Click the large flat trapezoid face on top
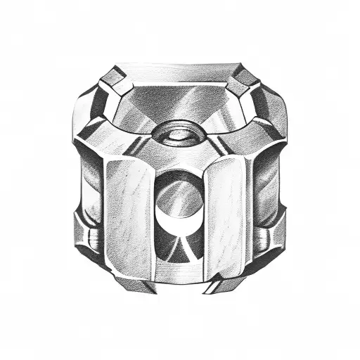click(x=179, y=98)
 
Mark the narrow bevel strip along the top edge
click(x=179, y=71)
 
